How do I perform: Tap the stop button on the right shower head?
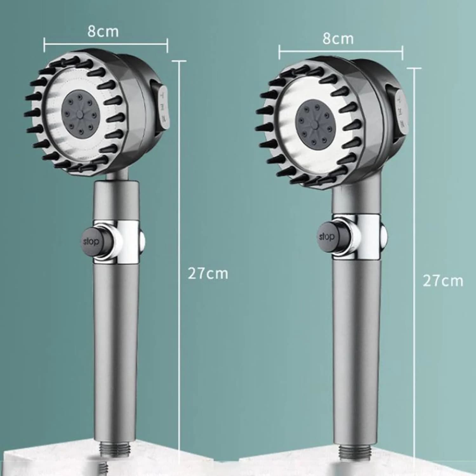pyautogui.click(x=327, y=237)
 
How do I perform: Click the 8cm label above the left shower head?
pyautogui.click(x=103, y=31)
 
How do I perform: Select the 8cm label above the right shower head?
pyautogui.click(x=338, y=39)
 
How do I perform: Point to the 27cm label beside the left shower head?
pyautogui.click(x=208, y=274)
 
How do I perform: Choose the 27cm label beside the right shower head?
pyautogui.click(x=443, y=281)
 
